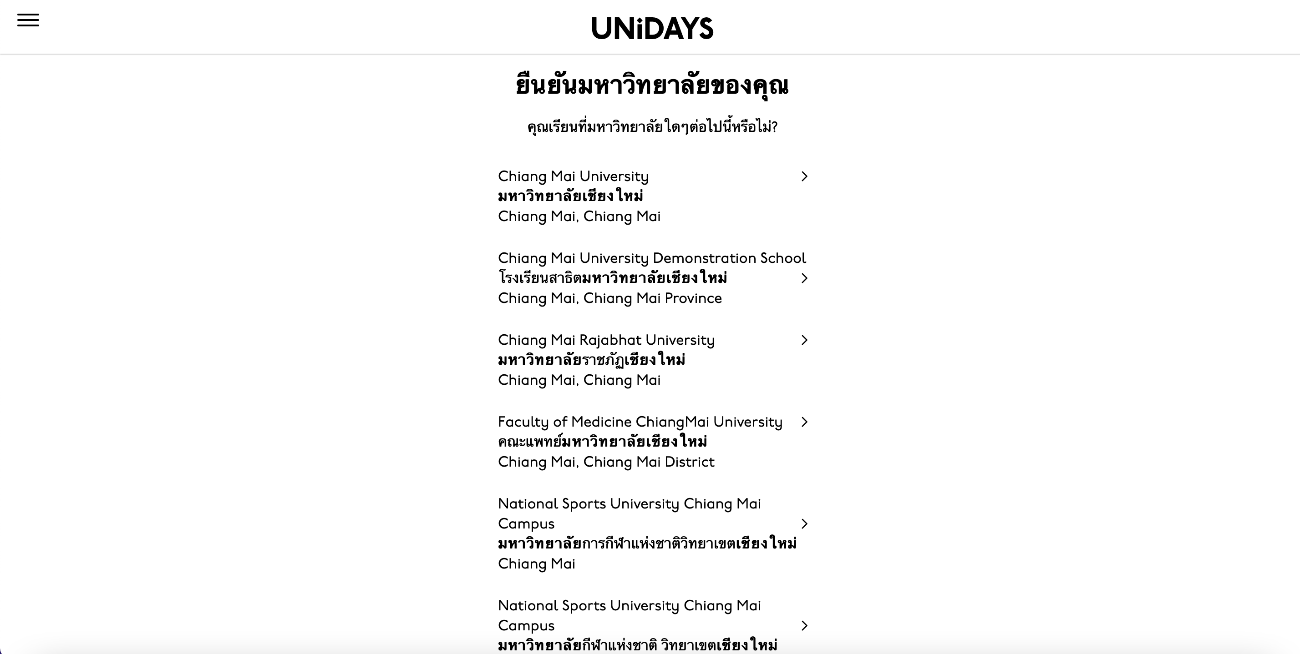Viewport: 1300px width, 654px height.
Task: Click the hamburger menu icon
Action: (28, 20)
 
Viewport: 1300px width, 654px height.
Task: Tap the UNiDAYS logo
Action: (652, 28)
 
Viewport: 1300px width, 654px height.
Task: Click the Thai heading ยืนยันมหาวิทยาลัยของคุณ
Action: (652, 85)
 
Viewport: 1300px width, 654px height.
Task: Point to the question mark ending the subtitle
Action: (774, 127)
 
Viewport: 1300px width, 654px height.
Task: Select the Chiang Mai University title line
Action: (573, 176)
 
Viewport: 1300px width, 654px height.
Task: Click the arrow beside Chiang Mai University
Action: (804, 176)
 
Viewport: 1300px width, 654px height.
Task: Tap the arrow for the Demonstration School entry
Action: (804, 278)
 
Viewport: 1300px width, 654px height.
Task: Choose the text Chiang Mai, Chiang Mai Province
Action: (609, 298)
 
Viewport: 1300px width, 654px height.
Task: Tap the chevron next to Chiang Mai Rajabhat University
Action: (804, 340)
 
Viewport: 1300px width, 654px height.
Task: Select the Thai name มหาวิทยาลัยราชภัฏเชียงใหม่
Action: (591, 360)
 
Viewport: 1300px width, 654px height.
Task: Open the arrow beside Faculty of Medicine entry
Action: (804, 422)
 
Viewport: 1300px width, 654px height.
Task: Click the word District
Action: (689, 463)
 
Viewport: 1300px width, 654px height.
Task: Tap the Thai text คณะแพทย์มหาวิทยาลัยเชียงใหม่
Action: (603, 442)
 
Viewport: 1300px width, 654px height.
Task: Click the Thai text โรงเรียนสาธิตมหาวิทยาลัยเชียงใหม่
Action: (612, 278)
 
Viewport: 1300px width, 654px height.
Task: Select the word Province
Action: (693, 298)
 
